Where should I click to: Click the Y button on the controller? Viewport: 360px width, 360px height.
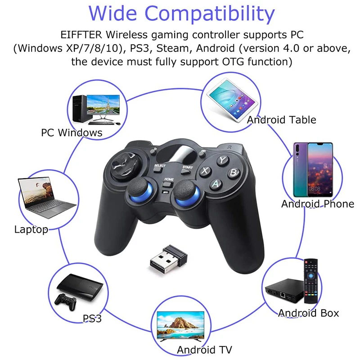[x=222, y=160]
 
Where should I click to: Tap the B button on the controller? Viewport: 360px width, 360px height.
[x=233, y=172]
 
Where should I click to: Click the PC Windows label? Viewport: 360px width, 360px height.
[x=72, y=133]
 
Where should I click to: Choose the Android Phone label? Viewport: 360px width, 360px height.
[x=318, y=204]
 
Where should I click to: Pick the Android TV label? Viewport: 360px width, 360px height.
[x=204, y=350]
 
